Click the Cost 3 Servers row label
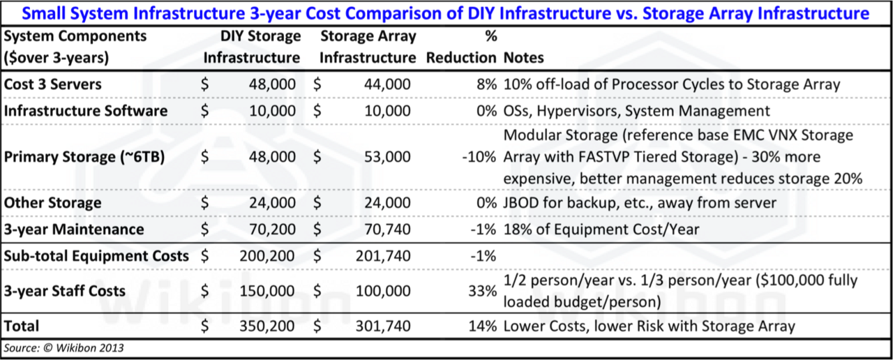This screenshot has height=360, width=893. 53,84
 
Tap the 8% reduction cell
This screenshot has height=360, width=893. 487,84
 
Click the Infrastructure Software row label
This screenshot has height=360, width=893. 86,111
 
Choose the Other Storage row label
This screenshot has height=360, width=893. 53,203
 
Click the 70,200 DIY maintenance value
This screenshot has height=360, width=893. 272,230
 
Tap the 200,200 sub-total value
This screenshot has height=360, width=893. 269,256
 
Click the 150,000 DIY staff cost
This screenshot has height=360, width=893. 269,290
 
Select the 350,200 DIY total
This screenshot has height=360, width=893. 269,325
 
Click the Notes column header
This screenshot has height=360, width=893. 523,58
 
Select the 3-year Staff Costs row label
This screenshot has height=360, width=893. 65,290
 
